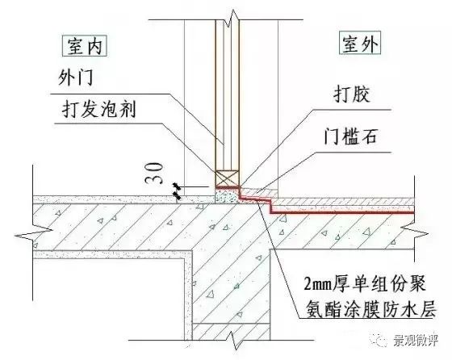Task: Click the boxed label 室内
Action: tap(85, 46)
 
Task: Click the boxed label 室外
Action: tap(360, 44)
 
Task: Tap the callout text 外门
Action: tap(76, 77)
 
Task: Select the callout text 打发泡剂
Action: tap(98, 109)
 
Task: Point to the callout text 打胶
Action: tap(352, 94)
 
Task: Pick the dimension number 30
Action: tap(153, 173)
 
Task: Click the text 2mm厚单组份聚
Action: tap(365, 283)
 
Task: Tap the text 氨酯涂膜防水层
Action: tap(370, 308)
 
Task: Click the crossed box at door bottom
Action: tap(228, 178)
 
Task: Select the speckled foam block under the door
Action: tap(227, 197)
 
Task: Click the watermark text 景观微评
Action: tap(416, 341)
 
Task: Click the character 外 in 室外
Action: tap(370, 44)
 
